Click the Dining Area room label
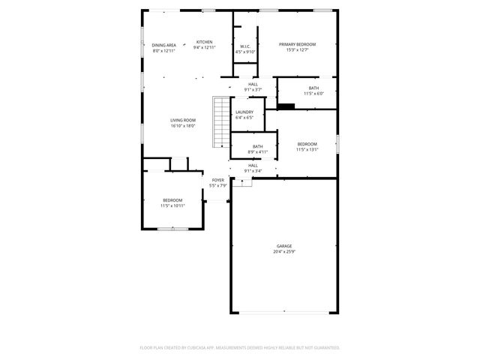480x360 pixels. pyautogui.click(x=164, y=45)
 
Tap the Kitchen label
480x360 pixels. pyautogui.click(x=204, y=42)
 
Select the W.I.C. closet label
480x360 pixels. pyautogui.click(x=245, y=46)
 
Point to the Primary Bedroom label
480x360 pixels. pyautogui.click(x=298, y=45)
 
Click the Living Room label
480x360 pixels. pyautogui.click(x=183, y=120)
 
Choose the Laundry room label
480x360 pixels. pyautogui.click(x=244, y=112)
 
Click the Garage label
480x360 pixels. pyautogui.click(x=283, y=246)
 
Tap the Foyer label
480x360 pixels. pyautogui.click(x=217, y=180)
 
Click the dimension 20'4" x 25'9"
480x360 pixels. pyautogui.click(x=283, y=252)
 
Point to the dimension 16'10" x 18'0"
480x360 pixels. pyautogui.click(x=183, y=126)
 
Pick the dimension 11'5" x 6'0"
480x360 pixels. pyautogui.click(x=313, y=94)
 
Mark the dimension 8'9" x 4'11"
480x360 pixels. pyautogui.click(x=257, y=152)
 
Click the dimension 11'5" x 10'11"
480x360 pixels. pyautogui.click(x=173, y=205)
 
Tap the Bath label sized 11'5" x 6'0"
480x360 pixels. pyautogui.click(x=313, y=88)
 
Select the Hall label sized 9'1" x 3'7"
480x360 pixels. pyautogui.click(x=253, y=84)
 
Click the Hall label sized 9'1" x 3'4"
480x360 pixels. pyautogui.click(x=253, y=165)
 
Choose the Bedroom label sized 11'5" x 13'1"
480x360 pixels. pyautogui.click(x=307, y=144)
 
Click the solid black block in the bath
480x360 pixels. pyautogui.click(x=286, y=106)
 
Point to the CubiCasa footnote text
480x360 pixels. pyautogui.click(x=240, y=348)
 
